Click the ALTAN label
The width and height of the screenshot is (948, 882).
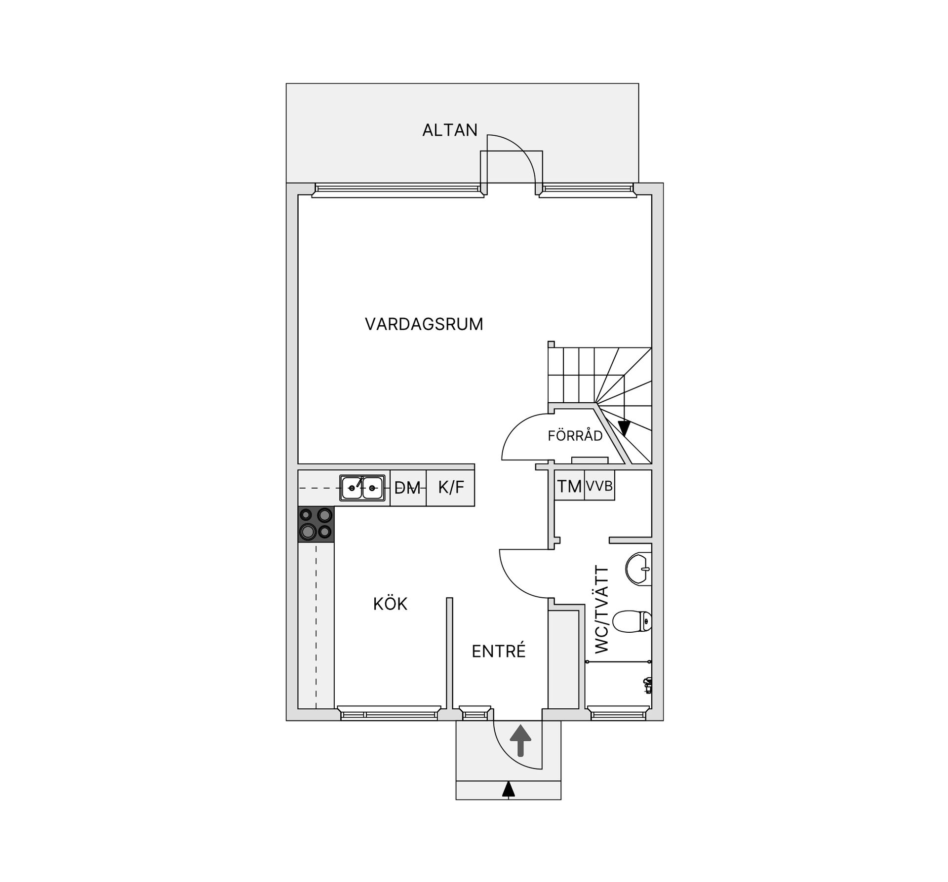450,130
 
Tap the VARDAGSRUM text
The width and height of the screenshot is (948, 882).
424,324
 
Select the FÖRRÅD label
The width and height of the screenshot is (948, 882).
575,436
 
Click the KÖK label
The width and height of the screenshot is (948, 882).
390,604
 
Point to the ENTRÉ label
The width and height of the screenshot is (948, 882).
499,652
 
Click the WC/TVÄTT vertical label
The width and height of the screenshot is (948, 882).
602,610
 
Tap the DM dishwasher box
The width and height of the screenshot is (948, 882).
408,488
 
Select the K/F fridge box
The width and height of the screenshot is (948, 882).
451,488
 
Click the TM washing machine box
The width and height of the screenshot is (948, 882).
569,487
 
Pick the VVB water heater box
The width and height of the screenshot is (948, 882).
599,487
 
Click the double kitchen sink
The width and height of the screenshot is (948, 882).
362,488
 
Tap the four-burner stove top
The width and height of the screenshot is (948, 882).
316,524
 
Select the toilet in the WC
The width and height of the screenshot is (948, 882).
632,621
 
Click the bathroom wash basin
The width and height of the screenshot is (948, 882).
638,569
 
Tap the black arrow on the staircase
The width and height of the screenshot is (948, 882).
624,427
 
